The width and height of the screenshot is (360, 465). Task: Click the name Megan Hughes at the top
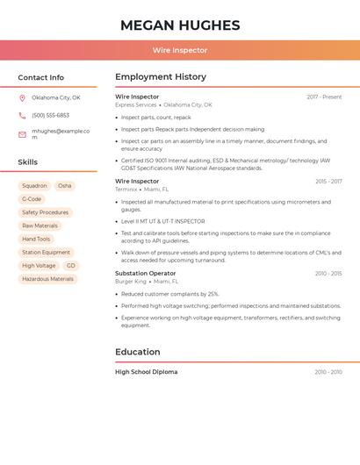tap(180, 25)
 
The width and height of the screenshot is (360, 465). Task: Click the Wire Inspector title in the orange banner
tap(180, 50)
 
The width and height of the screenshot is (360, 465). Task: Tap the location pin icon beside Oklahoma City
tap(22, 97)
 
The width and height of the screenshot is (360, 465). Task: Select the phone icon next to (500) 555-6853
tap(22, 115)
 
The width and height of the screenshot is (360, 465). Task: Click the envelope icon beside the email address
tap(22, 133)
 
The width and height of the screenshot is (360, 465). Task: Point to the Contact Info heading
tap(40, 77)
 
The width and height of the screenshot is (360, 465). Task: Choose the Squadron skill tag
tap(34, 186)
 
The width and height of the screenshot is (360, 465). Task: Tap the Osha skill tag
tap(65, 186)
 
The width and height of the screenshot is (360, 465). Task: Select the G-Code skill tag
tap(32, 199)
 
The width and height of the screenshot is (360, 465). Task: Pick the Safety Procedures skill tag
tap(45, 212)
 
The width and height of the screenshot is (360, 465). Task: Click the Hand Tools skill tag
tap(36, 239)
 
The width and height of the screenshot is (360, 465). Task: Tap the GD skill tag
tap(71, 265)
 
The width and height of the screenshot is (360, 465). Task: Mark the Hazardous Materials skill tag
tap(47, 279)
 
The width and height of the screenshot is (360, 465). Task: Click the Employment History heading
tap(161, 77)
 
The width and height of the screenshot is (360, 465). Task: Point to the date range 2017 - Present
tap(324, 97)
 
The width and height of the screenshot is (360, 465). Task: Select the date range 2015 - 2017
tap(328, 182)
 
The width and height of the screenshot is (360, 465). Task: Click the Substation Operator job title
tap(145, 273)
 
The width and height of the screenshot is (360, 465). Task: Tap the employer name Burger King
tap(131, 282)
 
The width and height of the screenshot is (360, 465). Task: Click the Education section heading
tap(137, 352)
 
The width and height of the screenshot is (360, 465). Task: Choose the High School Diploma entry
tap(146, 372)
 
